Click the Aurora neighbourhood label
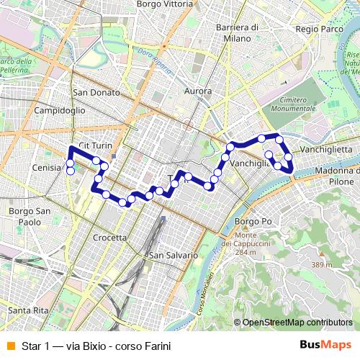coord(198,91)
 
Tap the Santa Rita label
coord(28,310)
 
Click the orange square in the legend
coord(9,345)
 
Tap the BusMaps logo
coord(330,345)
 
